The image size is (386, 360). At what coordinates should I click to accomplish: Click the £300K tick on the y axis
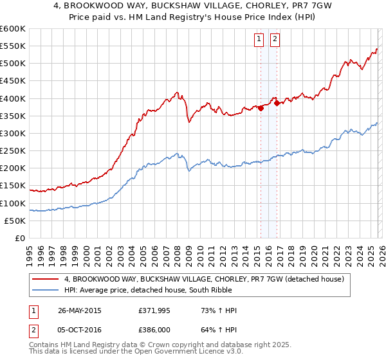pos(13,133)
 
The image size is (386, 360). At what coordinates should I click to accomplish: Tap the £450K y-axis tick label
pos(13,81)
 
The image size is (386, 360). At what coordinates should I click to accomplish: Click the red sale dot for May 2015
pos(261,109)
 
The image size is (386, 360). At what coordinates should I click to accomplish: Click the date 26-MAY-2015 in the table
pos(80,310)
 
